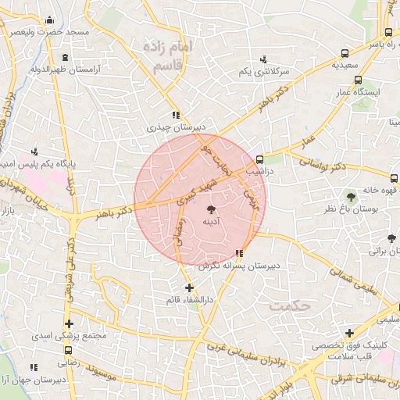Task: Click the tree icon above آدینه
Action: (210, 209)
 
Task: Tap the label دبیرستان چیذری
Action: (178, 127)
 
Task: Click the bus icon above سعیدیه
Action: (345, 54)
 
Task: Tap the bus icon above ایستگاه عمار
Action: (358, 80)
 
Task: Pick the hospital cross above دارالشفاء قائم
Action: (189, 287)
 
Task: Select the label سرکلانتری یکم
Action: (263, 71)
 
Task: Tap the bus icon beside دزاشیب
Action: (270, 159)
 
